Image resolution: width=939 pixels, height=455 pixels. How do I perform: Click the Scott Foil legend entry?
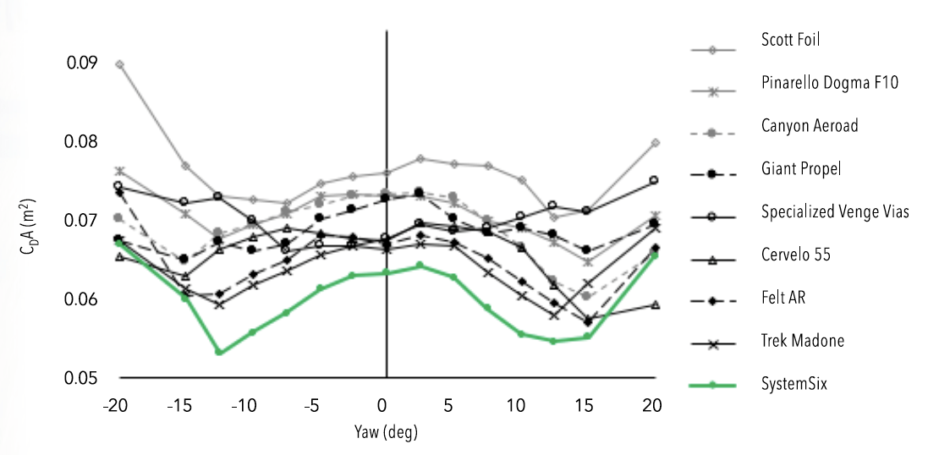coord(790,39)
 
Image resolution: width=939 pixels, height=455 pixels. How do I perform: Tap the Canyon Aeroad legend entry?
coord(810,126)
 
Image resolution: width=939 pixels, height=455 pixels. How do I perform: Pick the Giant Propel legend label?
coord(800,169)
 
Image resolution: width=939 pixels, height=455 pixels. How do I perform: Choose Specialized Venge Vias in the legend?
coord(834,211)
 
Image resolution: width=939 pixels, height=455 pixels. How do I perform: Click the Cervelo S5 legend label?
coord(794,255)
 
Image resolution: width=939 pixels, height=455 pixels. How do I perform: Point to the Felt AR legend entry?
coord(783,298)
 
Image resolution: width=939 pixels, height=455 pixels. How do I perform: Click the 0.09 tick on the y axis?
coord(83,63)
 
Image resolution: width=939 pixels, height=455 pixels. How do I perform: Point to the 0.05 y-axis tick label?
coord(83,378)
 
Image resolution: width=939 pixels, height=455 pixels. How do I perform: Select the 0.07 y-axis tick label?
coord(83,221)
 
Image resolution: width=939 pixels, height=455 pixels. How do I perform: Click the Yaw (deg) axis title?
coord(386,432)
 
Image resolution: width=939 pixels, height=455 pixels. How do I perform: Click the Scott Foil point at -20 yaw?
coord(119,64)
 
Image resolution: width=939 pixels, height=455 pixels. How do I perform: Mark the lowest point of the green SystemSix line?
coord(219,352)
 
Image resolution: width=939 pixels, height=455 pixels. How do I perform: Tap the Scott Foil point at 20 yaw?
coord(655,143)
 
